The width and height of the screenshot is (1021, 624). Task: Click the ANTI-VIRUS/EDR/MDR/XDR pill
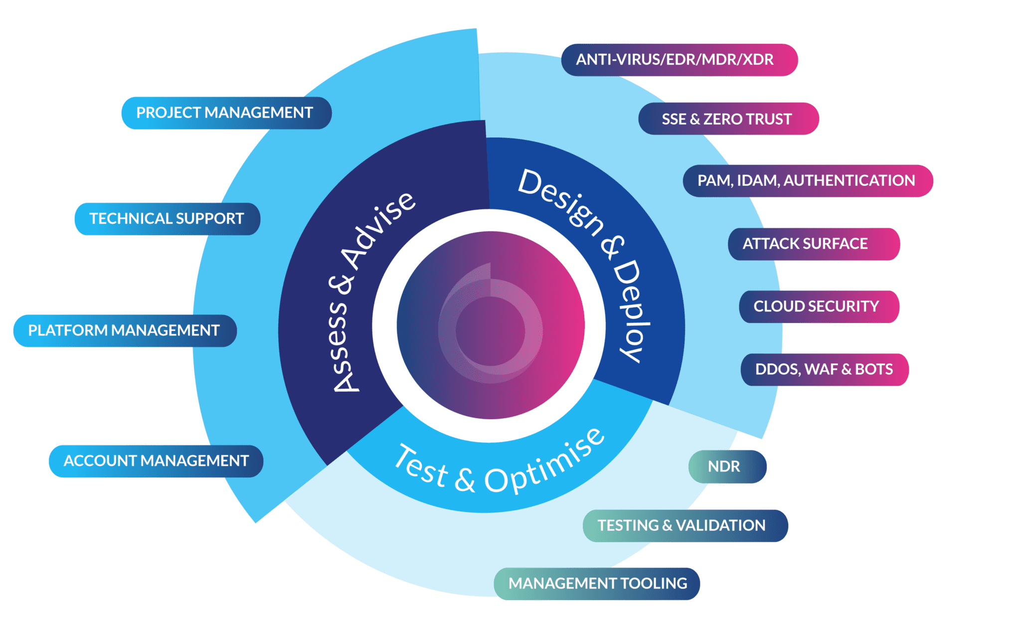coord(679,60)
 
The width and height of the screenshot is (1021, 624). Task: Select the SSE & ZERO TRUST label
coord(728,119)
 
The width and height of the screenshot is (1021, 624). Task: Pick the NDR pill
coord(727,467)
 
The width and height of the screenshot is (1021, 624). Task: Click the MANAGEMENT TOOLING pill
coord(597,583)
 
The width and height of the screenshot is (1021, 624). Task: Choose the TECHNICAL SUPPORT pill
coord(167,219)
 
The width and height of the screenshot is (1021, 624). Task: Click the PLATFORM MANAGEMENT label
coord(125,330)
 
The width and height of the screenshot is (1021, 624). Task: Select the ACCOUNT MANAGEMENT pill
coord(156,461)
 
